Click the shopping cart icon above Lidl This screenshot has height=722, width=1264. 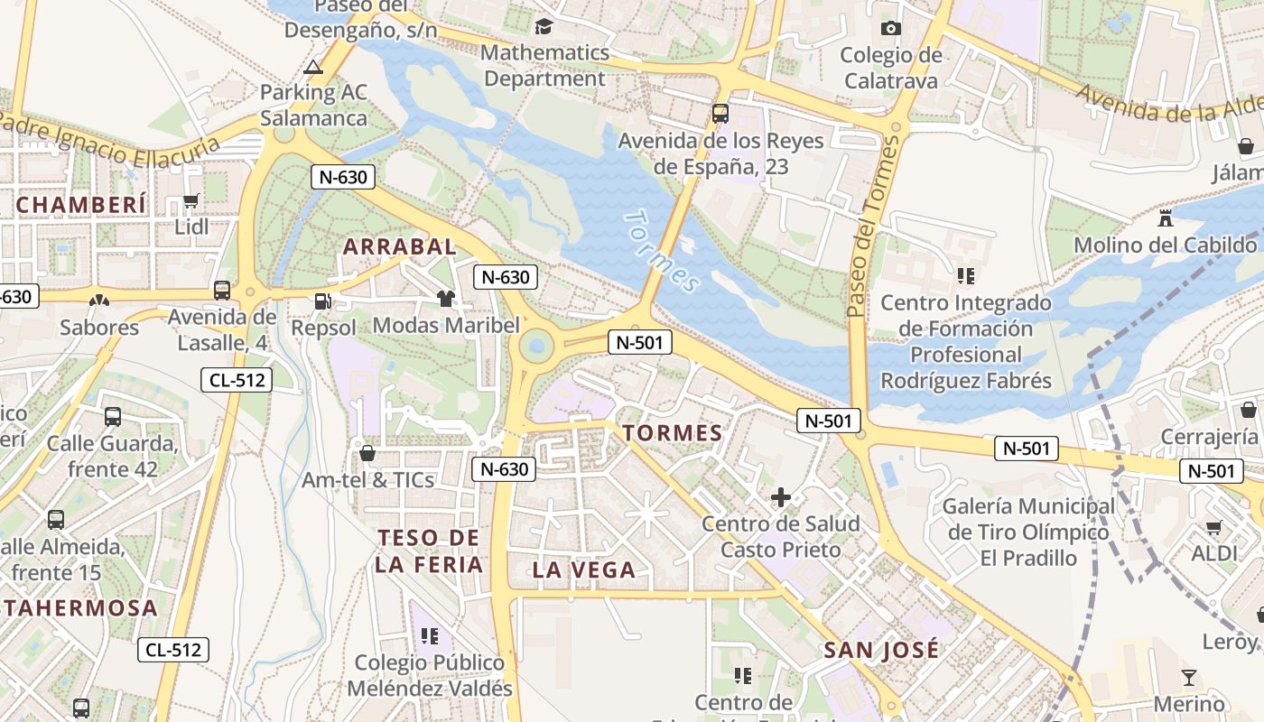point(191,200)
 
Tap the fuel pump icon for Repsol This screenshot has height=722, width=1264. point(321,301)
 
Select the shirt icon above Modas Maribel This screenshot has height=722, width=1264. point(445,299)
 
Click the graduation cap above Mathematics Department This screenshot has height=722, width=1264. point(544,26)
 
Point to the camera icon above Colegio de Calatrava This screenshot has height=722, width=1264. point(891,29)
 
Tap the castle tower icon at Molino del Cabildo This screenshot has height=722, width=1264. point(1165,218)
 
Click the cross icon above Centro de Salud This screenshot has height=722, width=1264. point(781,497)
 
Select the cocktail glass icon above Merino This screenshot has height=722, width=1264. point(1189,678)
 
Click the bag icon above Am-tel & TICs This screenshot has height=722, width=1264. point(367,453)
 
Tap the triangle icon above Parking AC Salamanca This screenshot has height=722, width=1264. point(313,66)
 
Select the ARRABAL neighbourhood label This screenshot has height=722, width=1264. point(400,246)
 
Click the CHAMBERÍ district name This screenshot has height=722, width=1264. point(80,205)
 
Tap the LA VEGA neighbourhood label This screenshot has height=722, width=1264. point(584,569)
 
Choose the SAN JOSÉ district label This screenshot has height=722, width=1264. point(881,649)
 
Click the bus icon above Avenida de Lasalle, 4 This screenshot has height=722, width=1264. point(222,291)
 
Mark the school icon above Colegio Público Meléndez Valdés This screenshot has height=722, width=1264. point(429,636)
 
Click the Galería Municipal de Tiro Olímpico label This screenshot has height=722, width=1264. point(1028,532)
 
